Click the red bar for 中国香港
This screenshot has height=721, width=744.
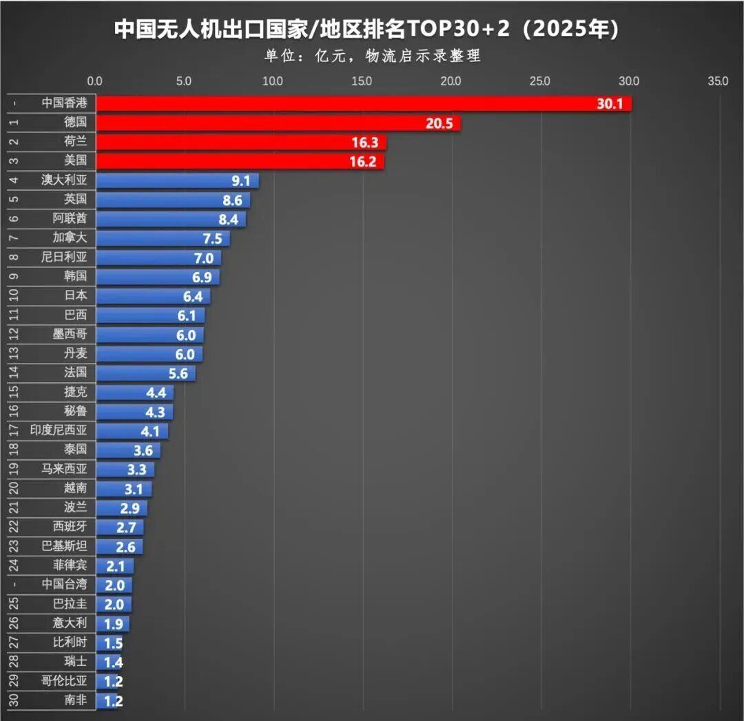pos(344,103)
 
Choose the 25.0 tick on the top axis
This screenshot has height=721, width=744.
pos(540,81)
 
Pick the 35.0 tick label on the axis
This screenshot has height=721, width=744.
pos(717,81)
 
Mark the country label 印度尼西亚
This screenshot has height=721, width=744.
pos(59,430)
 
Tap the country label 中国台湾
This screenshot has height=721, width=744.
pos(64,585)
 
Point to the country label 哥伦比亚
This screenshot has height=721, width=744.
pos(64,682)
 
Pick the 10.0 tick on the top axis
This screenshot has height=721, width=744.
pos(273,81)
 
